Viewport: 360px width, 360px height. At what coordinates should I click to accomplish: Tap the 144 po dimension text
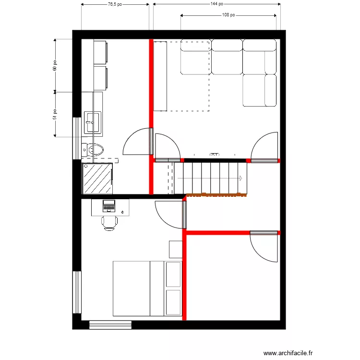216,4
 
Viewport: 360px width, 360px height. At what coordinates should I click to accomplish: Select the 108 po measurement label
228,15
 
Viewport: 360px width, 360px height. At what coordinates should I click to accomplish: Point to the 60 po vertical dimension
55,65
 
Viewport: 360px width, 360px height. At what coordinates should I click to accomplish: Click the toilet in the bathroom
94,150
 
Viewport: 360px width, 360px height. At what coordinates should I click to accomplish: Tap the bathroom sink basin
92,122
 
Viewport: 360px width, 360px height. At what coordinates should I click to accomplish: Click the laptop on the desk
109,206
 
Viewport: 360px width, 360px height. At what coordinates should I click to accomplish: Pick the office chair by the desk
109,223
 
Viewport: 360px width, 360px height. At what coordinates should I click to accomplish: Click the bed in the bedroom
147,288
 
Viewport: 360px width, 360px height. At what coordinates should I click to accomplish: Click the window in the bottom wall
110,325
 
